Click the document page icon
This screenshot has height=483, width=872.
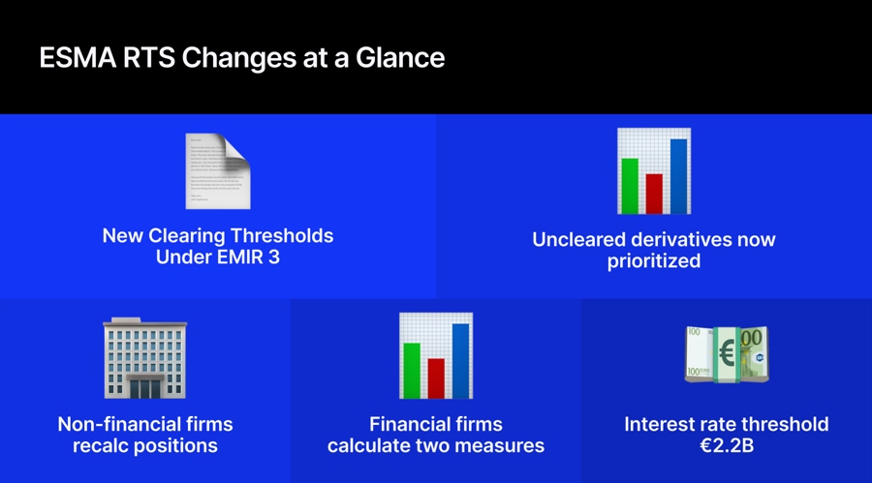pos(218,171)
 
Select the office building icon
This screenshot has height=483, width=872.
pos(144,358)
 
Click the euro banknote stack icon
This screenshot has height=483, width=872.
pos(727,355)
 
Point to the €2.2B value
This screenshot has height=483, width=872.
pos(727,445)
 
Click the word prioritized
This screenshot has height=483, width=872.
pos(654,261)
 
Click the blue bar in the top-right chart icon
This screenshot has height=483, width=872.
pos(678,174)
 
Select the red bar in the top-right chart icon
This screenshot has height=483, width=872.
pos(654,192)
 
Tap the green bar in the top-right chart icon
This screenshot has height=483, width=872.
pos(630,184)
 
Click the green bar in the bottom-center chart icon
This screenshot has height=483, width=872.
pos(412,369)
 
